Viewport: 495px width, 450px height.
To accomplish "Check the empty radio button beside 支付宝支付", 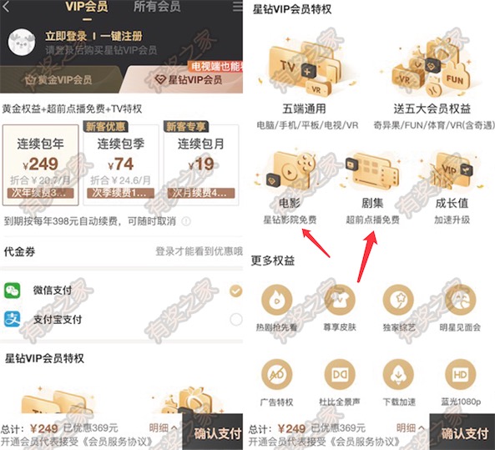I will (235, 319).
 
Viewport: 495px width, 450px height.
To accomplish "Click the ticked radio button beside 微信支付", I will (235, 291).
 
